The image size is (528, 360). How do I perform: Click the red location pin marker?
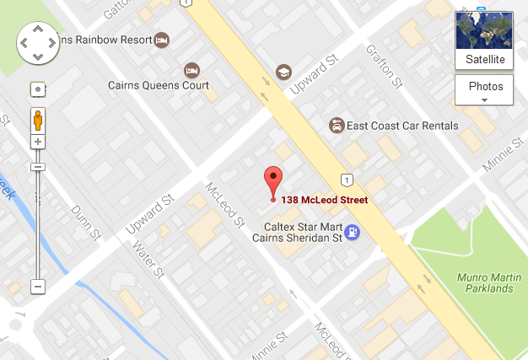pyautogui.click(x=272, y=180)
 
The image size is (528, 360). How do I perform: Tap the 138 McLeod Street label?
pyautogui.click(x=325, y=200)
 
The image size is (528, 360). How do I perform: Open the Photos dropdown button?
pyautogui.click(x=485, y=90)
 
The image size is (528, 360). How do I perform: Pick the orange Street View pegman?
pyautogui.click(x=38, y=119)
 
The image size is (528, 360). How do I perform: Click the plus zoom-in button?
pyautogui.click(x=38, y=142)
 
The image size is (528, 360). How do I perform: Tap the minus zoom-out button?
pyautogui.click(x=38, y=287)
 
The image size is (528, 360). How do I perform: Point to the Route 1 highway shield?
pyautogui.click(x=346, y=179)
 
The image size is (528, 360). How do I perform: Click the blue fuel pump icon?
pyautogui.click(x=353, y=232)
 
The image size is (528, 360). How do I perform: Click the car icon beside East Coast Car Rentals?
pyautogui.click(x=337, y=126)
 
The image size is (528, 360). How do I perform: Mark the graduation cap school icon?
pyautogui.click(x=283, y=72)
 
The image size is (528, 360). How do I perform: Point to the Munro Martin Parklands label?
pyautogui.click(x=484, y=282)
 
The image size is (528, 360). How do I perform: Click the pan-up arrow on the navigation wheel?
pyautogui.click(x=38, y=28)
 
